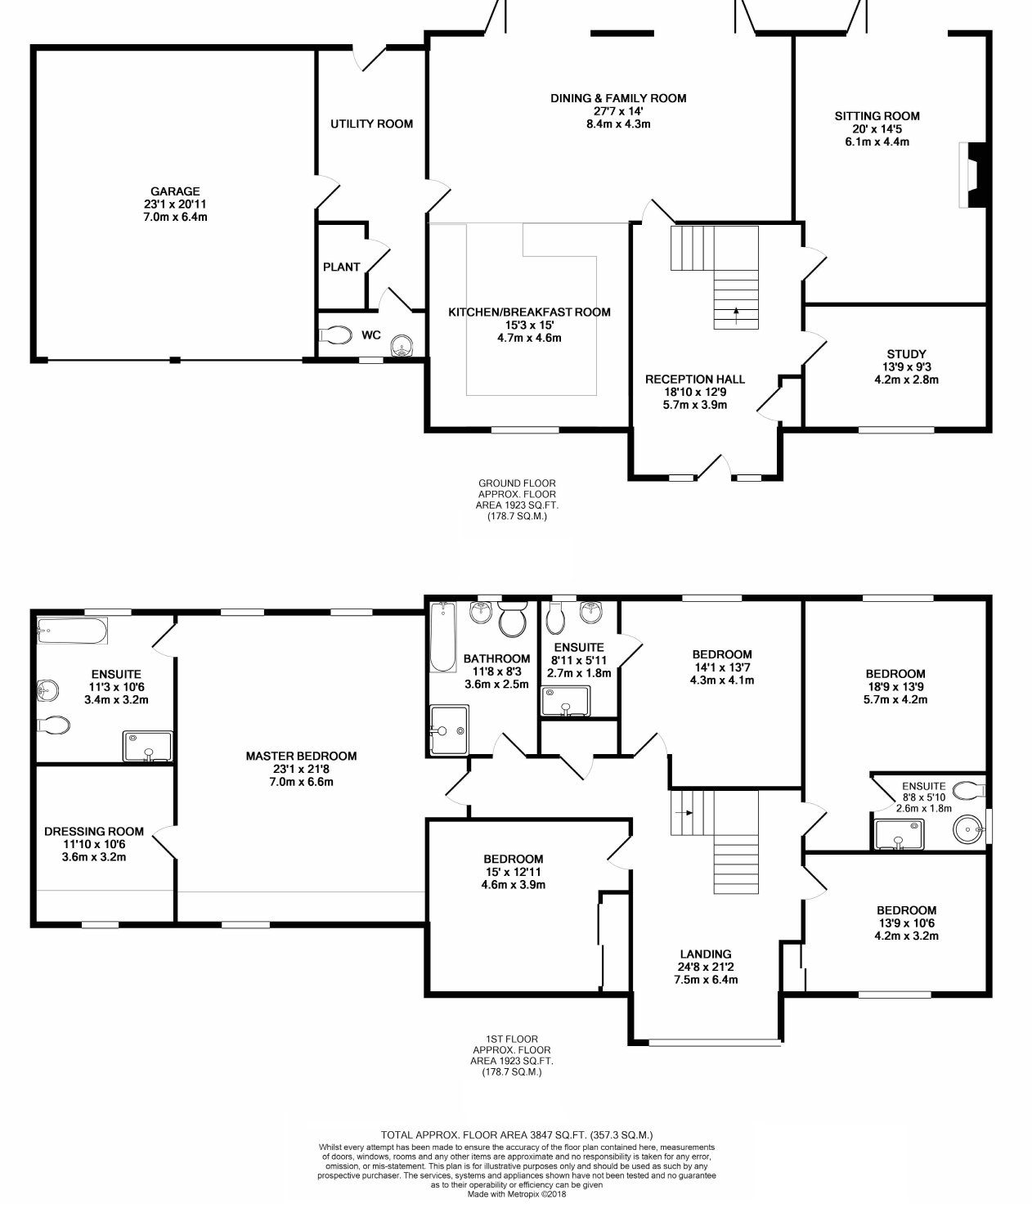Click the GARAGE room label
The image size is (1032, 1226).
(175, 191)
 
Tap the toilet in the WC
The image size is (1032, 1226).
(334, 335)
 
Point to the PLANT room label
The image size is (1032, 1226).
(341, 267)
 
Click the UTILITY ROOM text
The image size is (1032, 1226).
(371, 123)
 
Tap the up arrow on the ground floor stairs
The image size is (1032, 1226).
(736, 316)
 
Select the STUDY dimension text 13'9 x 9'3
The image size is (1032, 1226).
(906, 367)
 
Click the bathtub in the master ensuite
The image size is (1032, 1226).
(72, 631)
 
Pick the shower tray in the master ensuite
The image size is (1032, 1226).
(147, 746)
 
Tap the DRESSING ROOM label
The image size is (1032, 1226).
(94, 832)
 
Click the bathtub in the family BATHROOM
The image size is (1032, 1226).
(443, 637)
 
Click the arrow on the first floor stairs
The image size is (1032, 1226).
(684, 813)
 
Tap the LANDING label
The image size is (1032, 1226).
(706, 954)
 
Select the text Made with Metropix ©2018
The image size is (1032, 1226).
(517, 1194)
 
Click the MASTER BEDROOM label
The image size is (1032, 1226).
(301, 757)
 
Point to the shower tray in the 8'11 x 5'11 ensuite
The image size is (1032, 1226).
(565, 701)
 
